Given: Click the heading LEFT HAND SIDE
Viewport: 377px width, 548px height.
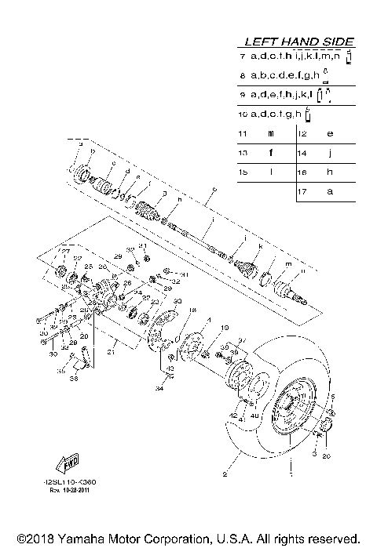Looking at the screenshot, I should click(298, 42).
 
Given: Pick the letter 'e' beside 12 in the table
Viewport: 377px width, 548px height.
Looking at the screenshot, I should click(330, 133).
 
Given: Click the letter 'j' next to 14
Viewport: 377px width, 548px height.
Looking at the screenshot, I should click(330, 153).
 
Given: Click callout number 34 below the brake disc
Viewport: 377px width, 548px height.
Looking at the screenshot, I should click(159, 387).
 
